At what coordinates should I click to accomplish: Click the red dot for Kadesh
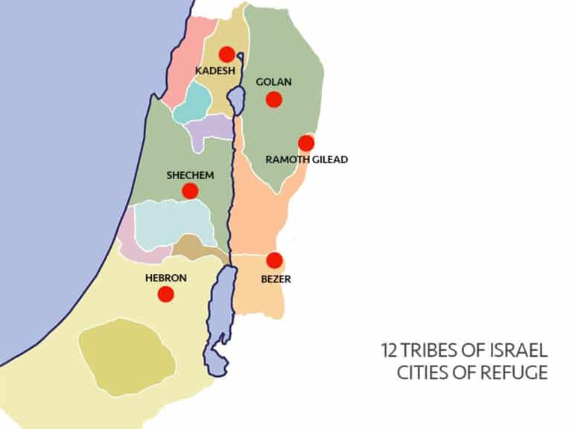pyautogui.click(x=227, y=54)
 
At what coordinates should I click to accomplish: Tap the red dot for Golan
pyautogui.click(x=275, y=98)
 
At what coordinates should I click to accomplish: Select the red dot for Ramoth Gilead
pyautogui.click(x=305, y=143)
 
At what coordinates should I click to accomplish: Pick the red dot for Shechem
pyautogui.click(x=190, y=191)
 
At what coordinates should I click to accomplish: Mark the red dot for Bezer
pyautogui.click(x=274, y=260)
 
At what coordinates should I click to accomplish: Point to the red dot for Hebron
pyautogui.click(x=166, y=293)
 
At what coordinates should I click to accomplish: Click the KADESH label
pyautogui.click(x=214, y=71)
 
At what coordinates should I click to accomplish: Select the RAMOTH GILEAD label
pyautogui.click(x=307, y=159)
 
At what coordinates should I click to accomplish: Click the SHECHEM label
pyautogui.click(x=191, y=175)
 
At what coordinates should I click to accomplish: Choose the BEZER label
pyautogui.click(x=275, y=279)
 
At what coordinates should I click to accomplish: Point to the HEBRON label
pyautogui.click(x=165, y=278)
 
